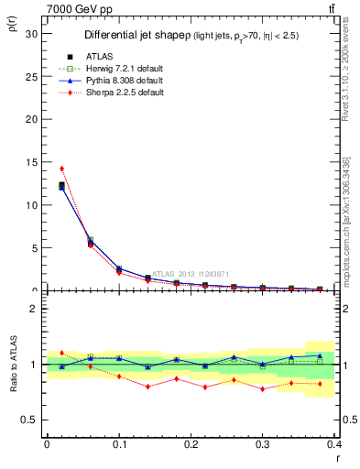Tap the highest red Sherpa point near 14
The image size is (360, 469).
61,169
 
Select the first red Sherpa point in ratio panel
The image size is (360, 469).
61,353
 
